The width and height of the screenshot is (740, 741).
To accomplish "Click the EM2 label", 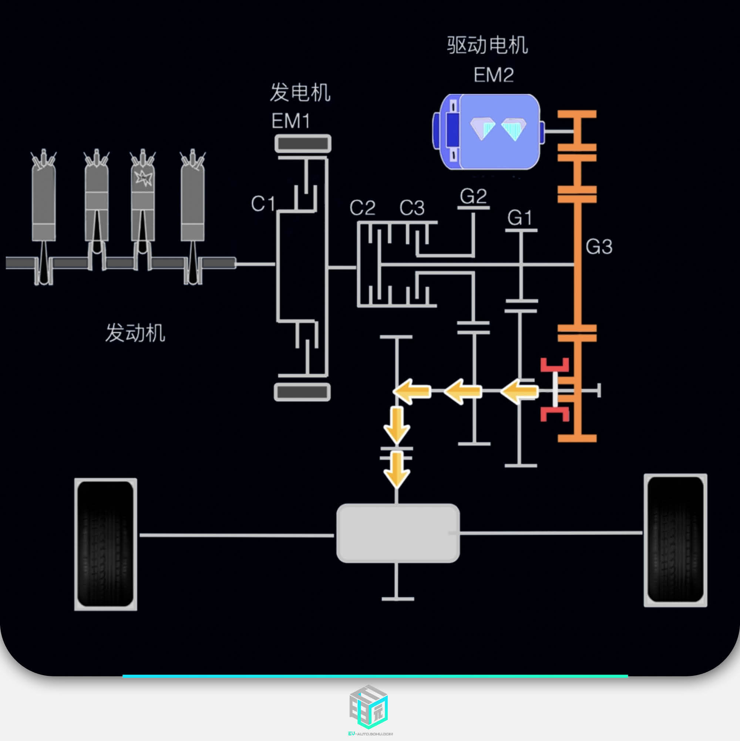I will click(x=493, y=75).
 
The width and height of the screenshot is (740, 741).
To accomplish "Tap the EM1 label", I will click(x=290, y=121).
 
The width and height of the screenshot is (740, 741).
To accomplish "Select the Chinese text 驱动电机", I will click(x=487, y=45).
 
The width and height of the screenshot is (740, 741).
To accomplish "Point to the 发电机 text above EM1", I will click(x=300, y=92).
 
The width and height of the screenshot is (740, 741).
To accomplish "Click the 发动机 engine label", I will click(x=135, y=333).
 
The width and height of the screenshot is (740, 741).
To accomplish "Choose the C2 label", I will click(x=362, y=208).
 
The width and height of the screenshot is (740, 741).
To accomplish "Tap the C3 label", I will click(x=411, y=208).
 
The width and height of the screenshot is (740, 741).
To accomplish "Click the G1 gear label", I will click(x=519, y=218).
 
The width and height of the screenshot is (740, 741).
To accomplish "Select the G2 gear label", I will click(x=473, y=196).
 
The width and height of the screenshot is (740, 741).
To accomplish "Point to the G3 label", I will click(x=599, y=246).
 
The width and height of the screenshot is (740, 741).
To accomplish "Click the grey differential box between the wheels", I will click(x=398, y=533).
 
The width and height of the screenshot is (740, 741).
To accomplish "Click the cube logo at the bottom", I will click(x=369, y=707).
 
